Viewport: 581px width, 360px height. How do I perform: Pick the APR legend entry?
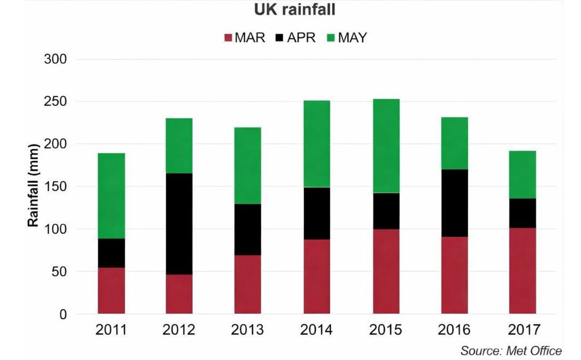(296, 37)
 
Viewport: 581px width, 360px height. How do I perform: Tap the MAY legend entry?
(347, 37)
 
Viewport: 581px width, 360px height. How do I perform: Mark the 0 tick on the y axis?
(63, 314)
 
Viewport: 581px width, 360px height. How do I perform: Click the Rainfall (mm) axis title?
(33, 186)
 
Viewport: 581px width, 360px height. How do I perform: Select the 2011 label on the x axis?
(111, 330)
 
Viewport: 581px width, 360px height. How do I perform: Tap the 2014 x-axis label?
(316, 330)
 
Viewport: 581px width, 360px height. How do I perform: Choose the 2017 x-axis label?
(522, 330)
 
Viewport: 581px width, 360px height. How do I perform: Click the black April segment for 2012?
(179, 224)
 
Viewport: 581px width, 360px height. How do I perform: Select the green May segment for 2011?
(111, 196)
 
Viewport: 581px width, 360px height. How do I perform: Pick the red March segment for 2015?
(386, 271)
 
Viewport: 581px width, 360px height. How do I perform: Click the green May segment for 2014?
(317, 143)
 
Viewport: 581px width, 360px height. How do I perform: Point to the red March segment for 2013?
(248, 284)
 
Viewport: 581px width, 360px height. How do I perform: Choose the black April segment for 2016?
(454, 203)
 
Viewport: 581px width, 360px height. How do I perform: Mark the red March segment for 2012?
(179, 294)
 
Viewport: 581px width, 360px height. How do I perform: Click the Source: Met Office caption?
(511, 350)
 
